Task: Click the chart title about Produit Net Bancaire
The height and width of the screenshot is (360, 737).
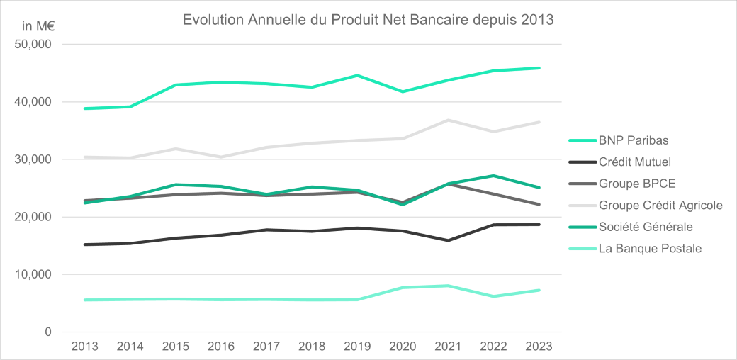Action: (x=368, y=20)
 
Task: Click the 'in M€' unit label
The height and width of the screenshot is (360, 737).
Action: (x=38, y=27)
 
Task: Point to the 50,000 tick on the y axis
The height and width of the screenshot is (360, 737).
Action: (x=33, y=45)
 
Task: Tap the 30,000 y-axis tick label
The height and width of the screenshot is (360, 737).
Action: (x=33, y=159)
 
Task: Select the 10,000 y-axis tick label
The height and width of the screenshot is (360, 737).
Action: (x=33, y=274)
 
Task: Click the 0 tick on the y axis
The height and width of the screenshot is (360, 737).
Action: (x=47, y=332)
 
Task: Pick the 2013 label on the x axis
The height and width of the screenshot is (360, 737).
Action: (x=85, y=346)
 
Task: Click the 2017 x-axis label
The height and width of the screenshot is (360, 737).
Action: (x=266, y=346)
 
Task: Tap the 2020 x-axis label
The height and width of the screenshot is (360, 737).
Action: (x=403, y=346)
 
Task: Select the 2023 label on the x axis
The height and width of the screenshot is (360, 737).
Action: (x=539, y=346)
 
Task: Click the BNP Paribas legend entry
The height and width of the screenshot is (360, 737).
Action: (x=633, y=140)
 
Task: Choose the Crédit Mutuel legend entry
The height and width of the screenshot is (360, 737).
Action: (x=634, y=162)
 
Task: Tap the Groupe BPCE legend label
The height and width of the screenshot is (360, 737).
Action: (x=636, y=184)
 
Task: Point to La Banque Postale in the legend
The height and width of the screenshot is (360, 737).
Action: (x=650, y=249)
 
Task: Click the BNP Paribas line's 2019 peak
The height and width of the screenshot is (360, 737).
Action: (x=357, y=75)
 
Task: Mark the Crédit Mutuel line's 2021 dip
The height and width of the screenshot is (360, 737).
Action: (x=448, y=240)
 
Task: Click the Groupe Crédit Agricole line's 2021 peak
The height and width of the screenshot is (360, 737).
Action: (x=448, y=120)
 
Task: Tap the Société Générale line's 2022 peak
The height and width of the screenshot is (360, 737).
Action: (x=493, y=175)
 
